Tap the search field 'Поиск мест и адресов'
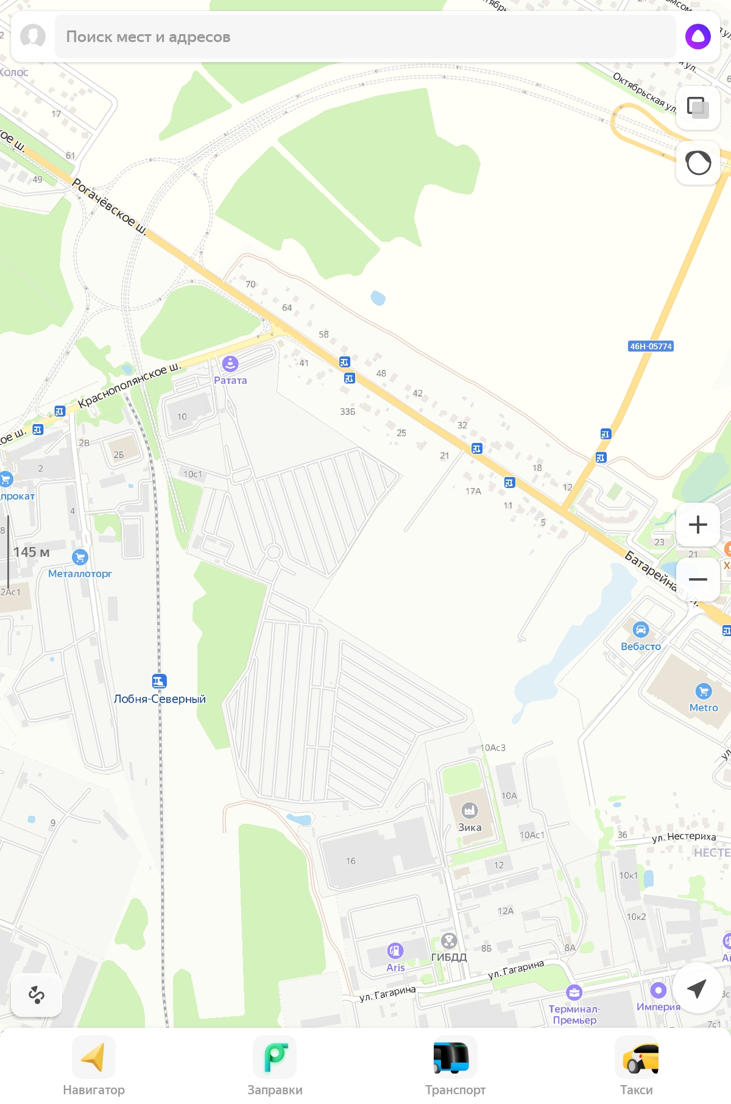pos(365,37)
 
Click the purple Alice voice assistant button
pos(697,37)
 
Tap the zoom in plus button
pos(697,525)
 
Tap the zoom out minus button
pos(697,579)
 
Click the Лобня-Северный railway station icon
pos(159,681)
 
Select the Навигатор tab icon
pos(94,1057)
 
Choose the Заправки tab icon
pos(275,1057)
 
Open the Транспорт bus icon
pos(451,1057)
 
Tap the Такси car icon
pos(637,1057)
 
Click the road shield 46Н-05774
pos(651,346)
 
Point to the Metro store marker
pos(704,691)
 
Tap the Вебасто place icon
pos(640,629)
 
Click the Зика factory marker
pos(469,810)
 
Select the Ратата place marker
pos(230,364)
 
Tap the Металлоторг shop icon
pos(80,557)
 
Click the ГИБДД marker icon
pos(449,941)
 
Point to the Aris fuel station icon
pos(395,950)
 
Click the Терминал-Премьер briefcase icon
pos(574,993)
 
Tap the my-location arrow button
pos(697,988)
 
